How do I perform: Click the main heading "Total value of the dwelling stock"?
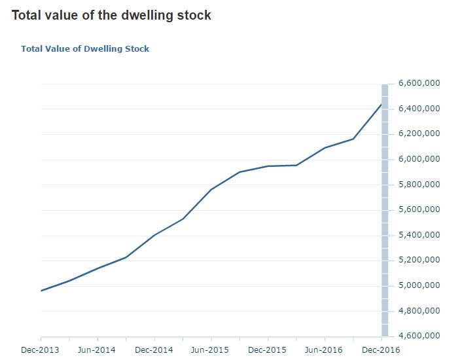[x=111, y=15]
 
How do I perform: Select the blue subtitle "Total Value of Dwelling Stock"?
[x=85, y=49]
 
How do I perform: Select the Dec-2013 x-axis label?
[x=41, y=350]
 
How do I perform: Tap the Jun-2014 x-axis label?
[x=98, y=350]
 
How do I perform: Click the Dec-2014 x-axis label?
[x=154, y=350]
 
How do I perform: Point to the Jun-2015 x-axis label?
[x=211, y=350]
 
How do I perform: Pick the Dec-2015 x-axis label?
[x=268, y=350]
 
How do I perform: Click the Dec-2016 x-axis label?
[x=381, y=350]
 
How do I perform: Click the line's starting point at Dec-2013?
[x=41, y=291]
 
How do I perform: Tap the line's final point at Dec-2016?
[x=382, y=104]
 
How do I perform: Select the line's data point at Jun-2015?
[x=211, y=190]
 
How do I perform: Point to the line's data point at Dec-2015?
[x=268, y=166]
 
